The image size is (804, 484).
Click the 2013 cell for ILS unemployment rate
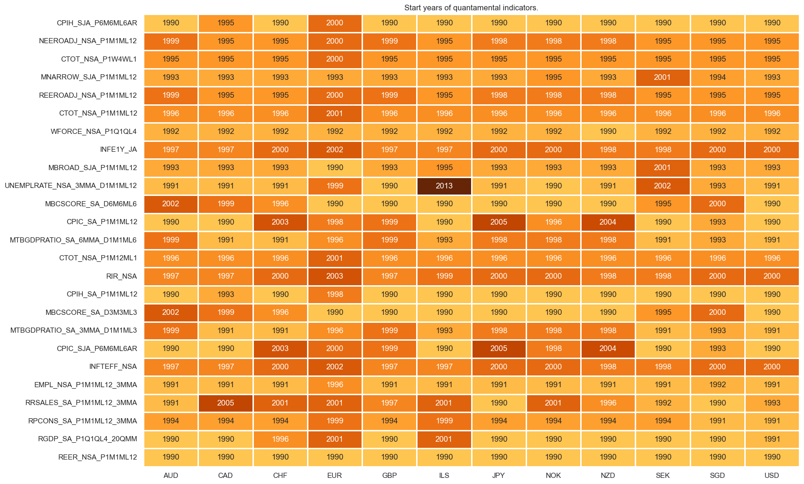tap(444, 186)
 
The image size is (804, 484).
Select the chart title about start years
tap(471, 8)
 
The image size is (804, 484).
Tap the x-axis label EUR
tap(334, 475)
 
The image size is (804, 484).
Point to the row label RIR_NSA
tap(121, 276)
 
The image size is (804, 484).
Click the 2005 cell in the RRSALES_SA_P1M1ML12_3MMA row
tap(226, 403)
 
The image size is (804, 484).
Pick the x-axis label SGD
tap(717, 475)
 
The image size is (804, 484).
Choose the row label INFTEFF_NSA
tap(113, 367)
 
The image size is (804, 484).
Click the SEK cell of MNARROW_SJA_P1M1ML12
tap(662, 77)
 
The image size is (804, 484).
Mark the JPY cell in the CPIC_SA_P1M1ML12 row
tap(498, 222)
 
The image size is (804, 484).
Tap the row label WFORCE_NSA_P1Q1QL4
tap(94, 132)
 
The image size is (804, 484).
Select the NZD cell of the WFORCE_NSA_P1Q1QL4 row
tap(608, 132)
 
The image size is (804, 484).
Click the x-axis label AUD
tap(171, 475)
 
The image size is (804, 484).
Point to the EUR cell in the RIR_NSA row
tap(334, 276)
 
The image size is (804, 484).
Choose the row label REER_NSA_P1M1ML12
tap(97, 457)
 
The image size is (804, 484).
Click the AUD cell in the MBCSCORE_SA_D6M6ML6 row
tap(171, 204)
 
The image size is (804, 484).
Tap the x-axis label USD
tap(772, 475)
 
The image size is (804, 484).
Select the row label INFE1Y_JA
tap(118, 149)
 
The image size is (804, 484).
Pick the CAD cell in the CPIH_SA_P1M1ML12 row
tap(226, 294)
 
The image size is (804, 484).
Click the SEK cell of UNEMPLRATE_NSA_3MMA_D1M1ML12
tap(662, 186)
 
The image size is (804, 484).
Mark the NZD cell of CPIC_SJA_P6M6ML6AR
tap(608, 349)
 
